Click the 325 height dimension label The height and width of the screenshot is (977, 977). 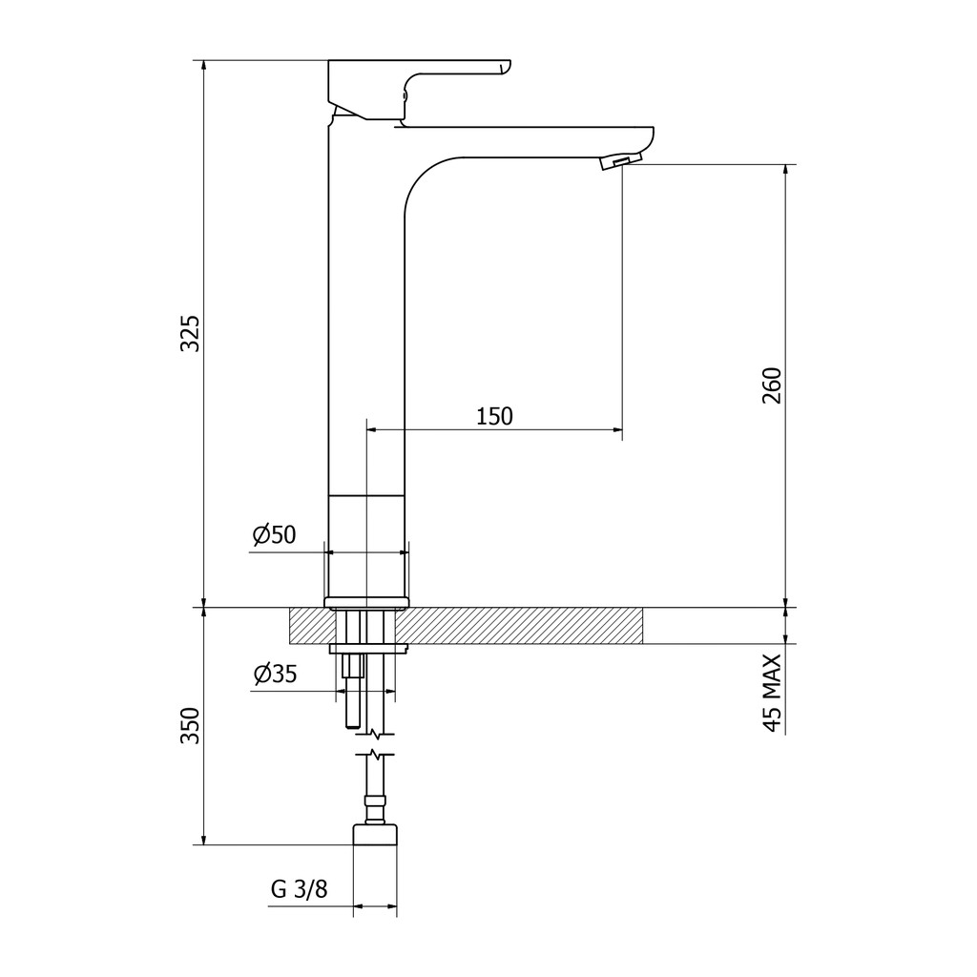[x=190, y=334]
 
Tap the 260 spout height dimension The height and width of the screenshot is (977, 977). [x=771, y=385]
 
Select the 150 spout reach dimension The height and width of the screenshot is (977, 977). [x=495, y=416]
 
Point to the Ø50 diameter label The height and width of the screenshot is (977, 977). [x=274, y=534]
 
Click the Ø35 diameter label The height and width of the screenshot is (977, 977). [x=275, y=674]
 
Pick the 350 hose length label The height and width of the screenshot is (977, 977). [x=190, y=725]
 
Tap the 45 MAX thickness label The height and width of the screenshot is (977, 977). [x=771, y=693]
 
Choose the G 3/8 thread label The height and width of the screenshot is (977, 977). [x=299, y=888]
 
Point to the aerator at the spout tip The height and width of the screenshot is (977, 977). [x=620, y=161]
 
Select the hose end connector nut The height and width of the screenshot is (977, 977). [x=375, y=834]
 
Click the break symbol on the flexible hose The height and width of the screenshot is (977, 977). [x=374, y=744]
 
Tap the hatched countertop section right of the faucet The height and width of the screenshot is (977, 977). [x=518, y=626]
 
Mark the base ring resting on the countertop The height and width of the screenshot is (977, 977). [x=366, y=602]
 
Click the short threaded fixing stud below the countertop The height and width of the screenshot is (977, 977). [x=351, y=691]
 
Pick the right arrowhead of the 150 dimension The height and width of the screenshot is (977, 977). [x=617, y=429]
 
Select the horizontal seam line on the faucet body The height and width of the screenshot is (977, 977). [x=366, y=495]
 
